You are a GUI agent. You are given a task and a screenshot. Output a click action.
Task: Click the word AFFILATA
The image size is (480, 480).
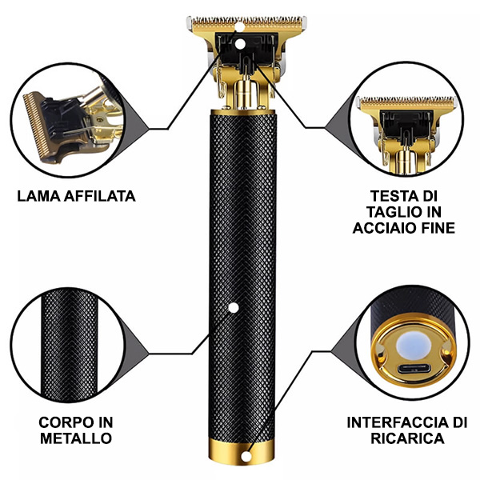click(x=100, y=196)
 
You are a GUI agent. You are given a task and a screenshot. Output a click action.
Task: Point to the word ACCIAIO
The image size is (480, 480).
click(x=385, y=228)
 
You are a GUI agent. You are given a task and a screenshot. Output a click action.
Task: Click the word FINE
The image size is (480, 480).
click(x=438, y=228)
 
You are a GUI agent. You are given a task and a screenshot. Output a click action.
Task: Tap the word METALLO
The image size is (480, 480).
click(x=76, y=438)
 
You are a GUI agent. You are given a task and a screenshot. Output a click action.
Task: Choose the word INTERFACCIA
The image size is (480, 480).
click(x=399, y=422)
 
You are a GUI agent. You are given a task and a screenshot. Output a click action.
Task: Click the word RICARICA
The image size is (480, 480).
click(x=407, y=438)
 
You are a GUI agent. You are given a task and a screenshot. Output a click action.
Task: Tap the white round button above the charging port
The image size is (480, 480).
click(x=414, y=346)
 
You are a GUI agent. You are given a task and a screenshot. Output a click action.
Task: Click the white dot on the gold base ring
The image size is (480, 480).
click(x=246, y=457)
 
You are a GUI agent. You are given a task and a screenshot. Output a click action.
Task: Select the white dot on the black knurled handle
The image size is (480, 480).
click(x=234, y=308)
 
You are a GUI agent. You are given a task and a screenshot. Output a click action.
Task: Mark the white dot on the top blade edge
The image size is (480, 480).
click(x=240, y=27)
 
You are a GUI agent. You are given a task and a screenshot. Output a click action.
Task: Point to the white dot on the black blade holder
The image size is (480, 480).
click(x=240, y=44)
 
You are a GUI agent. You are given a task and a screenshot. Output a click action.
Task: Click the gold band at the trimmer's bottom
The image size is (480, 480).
click(x=242, y=450)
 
